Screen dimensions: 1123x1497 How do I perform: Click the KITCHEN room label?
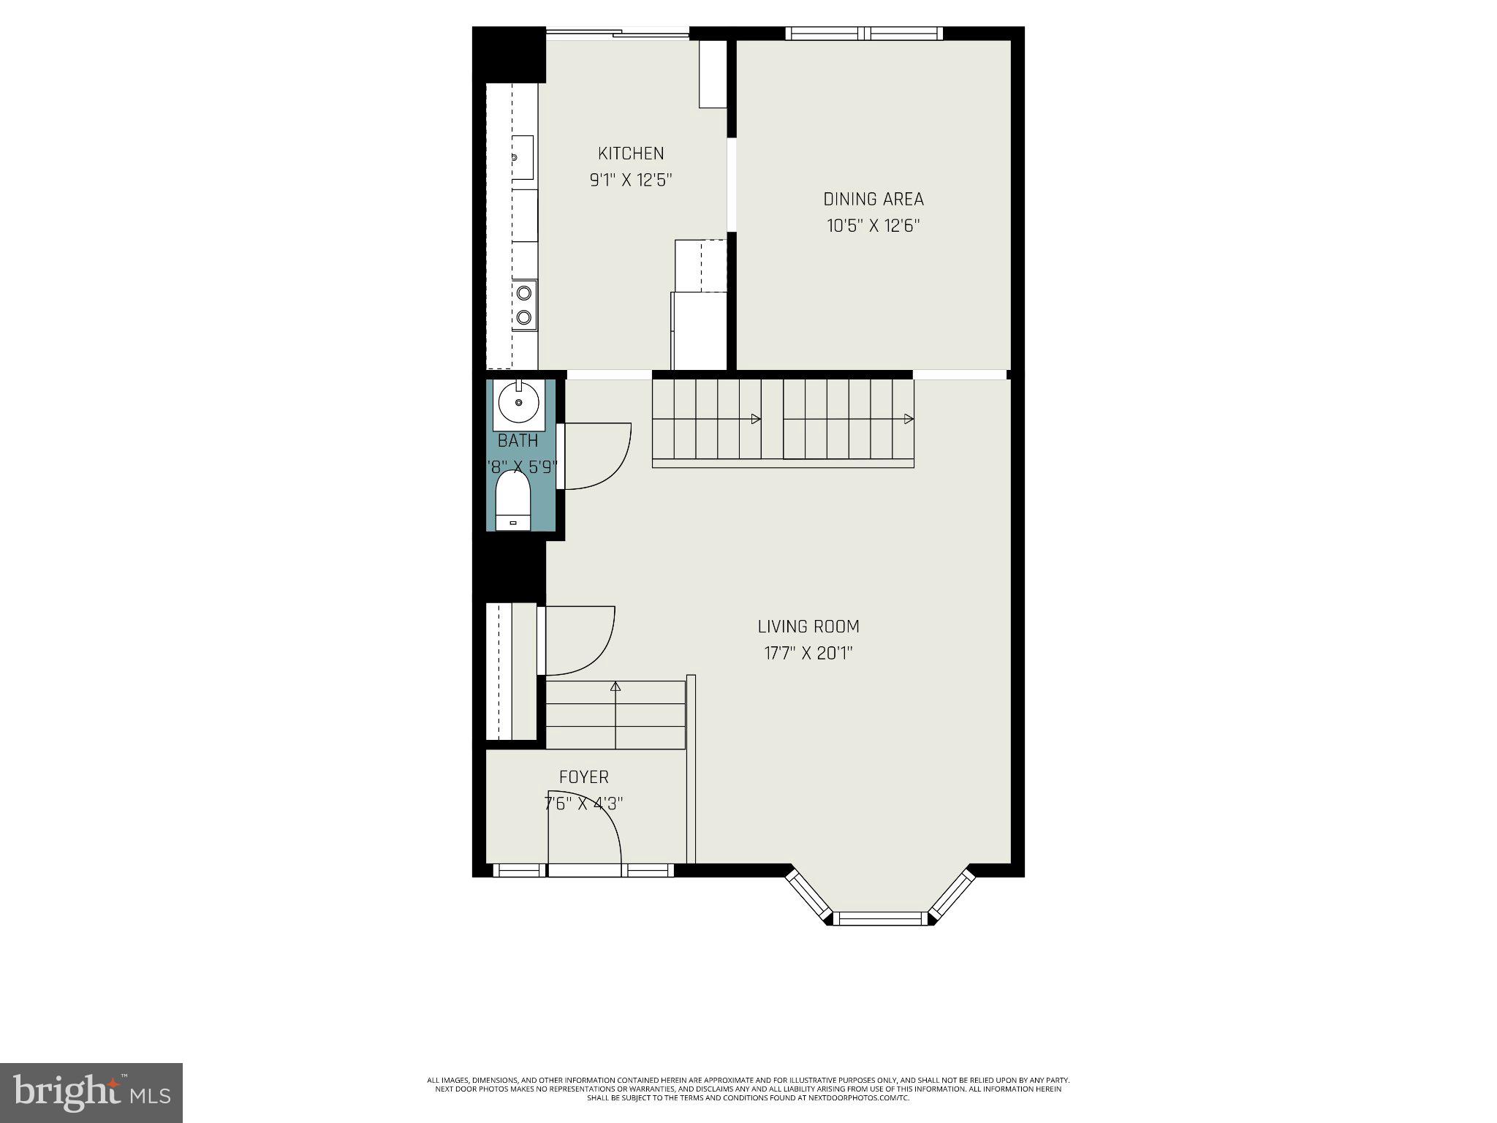coord(631,154)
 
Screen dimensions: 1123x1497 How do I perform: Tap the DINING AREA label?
coord(873,199)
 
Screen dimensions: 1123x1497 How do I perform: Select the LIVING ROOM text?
coord(808,627)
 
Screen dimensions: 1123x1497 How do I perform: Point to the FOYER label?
coord(583,777)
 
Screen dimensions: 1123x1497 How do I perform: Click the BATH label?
coord(518,441)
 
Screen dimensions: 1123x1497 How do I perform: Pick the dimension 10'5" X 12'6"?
coord(873,226)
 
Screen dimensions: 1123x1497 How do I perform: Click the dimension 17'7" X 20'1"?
coord(808,653)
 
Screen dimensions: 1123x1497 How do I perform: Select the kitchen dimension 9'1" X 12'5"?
coord(631,180)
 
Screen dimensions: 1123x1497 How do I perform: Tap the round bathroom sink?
coord(518,402)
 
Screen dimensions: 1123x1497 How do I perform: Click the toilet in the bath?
coord(512,501)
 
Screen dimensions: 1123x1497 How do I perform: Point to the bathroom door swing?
coord(594,457)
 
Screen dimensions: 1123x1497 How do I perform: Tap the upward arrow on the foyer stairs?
coord(615,687)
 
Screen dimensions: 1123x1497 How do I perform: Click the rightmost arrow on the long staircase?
coord(909,419)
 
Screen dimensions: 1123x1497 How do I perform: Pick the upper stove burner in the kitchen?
coord(523,293)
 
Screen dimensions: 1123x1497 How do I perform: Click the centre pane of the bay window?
coord(880,918)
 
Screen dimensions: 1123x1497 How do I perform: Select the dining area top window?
coord(864,33)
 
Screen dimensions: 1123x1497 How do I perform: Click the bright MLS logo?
coord(91,1092)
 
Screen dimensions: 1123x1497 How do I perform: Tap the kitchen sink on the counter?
coord(522,157)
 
